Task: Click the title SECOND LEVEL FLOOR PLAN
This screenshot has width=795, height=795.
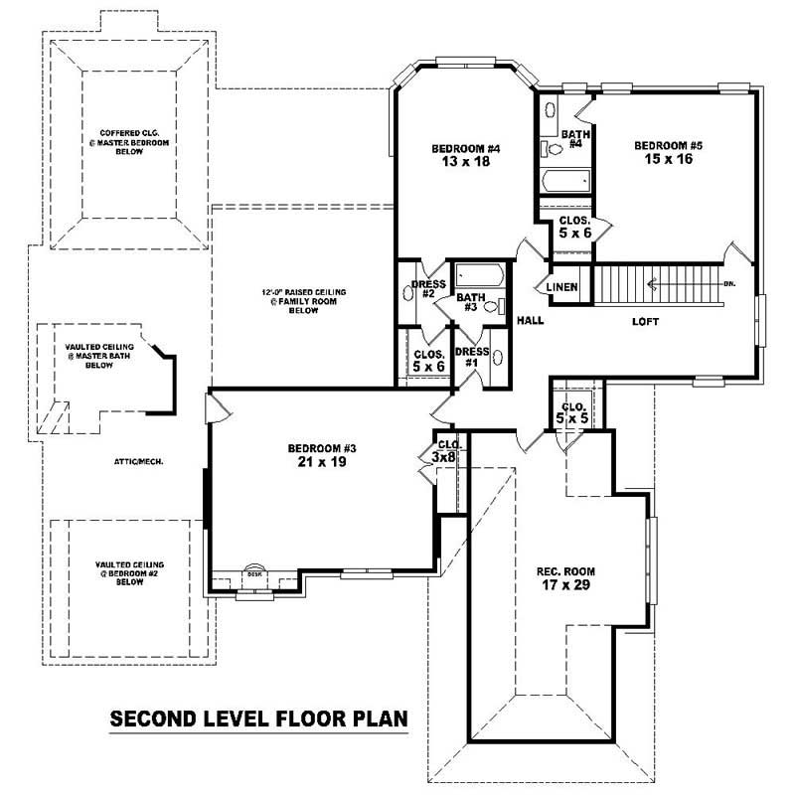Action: [x=258, y=717]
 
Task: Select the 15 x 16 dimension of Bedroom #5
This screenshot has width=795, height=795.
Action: [x=668, y=160]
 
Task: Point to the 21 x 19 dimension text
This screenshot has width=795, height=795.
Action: [x=322, y=462]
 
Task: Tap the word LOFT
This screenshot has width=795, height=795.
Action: [x=647, y=321]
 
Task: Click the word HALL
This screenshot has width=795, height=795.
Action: [x=529, y=321]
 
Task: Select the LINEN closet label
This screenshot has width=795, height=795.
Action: [x=562, y=288]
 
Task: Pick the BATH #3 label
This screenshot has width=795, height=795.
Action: [x=470, y=301]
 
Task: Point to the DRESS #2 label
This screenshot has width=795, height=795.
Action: [x=427, y=289]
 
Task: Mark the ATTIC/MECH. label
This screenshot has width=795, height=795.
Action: [x=138, y=461]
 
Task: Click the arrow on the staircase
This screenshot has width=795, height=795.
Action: [x=651, y=286]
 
